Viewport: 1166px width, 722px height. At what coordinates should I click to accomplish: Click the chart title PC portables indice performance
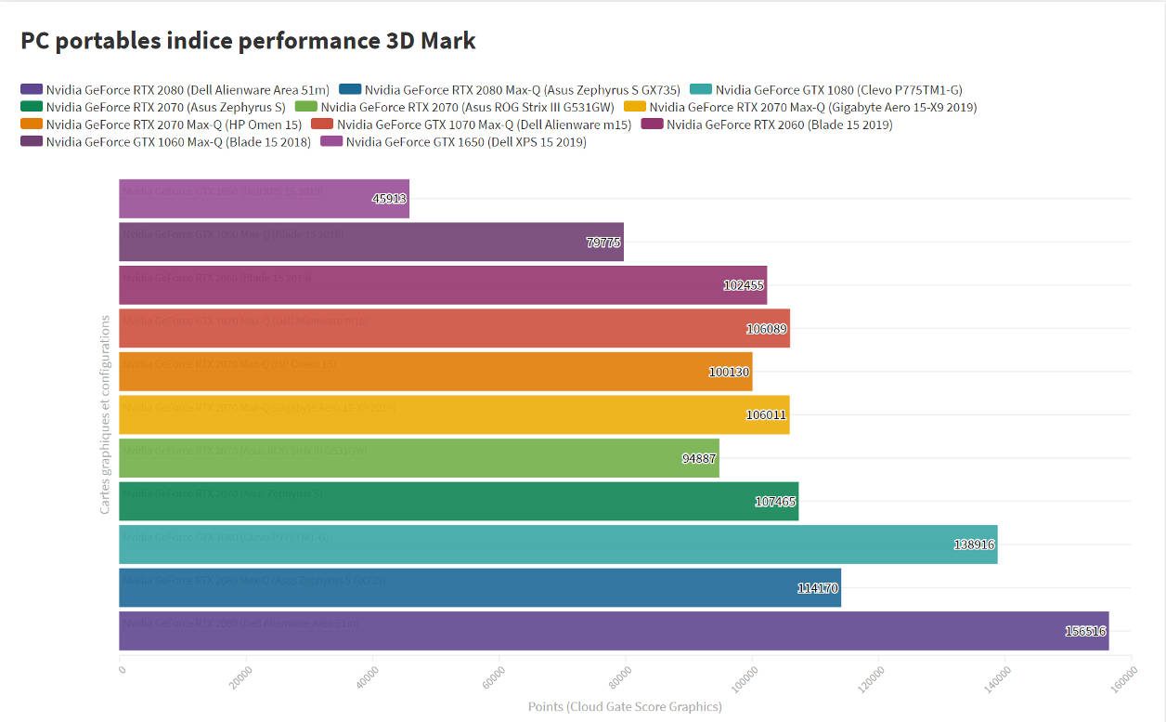[248, 41]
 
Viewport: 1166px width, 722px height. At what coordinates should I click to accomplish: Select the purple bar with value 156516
[613, 631]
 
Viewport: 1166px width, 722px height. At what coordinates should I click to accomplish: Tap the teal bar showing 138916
[557, 545]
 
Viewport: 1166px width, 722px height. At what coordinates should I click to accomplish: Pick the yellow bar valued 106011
[454, 414]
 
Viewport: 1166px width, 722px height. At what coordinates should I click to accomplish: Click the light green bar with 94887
[419, 458]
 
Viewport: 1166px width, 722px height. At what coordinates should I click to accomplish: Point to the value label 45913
[389, 199]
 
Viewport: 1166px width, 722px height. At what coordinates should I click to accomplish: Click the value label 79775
[603, 243]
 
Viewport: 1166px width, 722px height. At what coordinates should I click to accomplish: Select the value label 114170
[818, 588]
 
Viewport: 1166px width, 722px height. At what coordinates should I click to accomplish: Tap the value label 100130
[730, 372]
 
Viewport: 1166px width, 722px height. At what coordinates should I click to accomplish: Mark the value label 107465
[776, 502]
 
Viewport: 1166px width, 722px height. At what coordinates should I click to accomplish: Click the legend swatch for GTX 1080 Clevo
[700, 90]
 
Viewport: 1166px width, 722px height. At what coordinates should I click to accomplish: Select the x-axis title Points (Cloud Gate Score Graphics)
[625, 707]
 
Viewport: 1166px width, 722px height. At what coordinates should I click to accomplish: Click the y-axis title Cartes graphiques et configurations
[105, 414]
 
